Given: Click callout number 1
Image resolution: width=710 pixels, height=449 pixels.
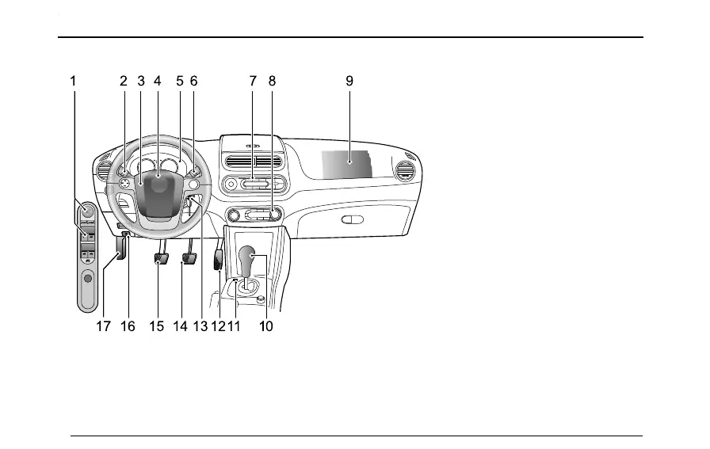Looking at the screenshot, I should (x=73, y=80).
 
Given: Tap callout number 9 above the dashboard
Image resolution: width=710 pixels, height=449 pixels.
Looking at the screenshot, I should (x=349, y=80).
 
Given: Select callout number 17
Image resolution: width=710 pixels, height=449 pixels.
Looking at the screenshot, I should (x=103, y=326).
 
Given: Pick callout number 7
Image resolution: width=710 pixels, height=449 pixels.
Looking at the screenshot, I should (x=253, y=80).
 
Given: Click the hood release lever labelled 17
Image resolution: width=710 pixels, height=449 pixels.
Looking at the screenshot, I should (x=120, y=249).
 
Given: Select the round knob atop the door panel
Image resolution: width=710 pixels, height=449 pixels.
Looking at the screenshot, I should (x=88, y=211).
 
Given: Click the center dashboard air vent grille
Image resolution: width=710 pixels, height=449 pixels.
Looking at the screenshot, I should (x=254, y=161).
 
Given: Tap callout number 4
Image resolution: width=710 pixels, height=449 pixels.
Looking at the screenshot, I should (x=158, y=80).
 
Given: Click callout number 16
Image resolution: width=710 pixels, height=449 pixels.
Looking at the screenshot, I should (x=128, y=326).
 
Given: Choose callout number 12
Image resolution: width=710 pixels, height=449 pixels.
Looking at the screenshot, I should (x=218, y=326).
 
